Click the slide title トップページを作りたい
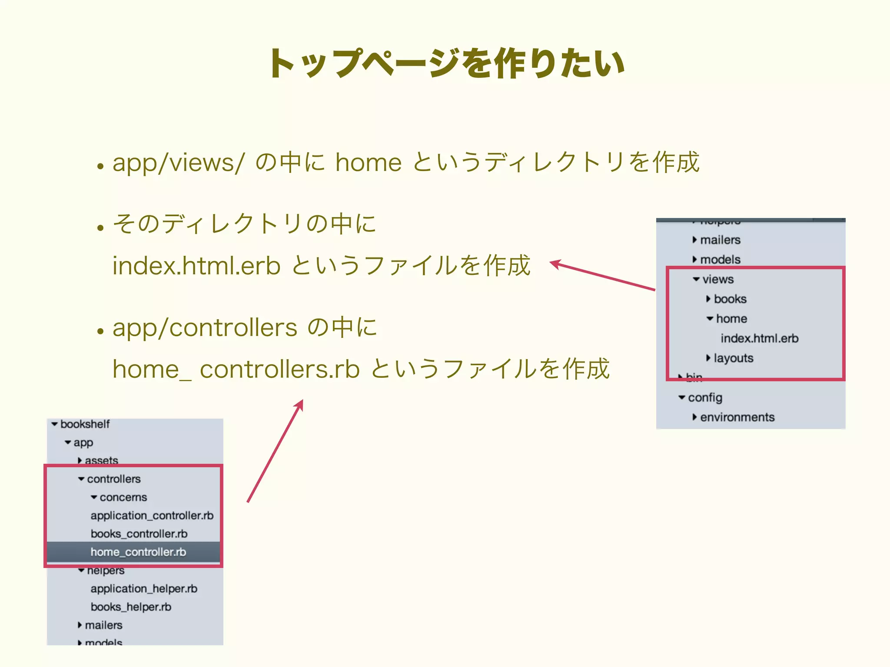pyautogui.click(x=447, y=64)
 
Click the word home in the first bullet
pyautogui.click(x=368, y=163)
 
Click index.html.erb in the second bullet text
pyautogui.click(x=196, y=266)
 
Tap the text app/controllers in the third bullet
pyautogui.click(x=205, y=327)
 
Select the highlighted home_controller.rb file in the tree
pyautogui.click(x=138, y=552)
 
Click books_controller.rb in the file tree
pyautogui.click(x=139, y=534)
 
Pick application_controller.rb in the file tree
pyautogui.click(x=152, y=515)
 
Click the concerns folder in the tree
pyautogui.click(x=123, y=497)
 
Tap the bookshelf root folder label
pyautogui.click(x=85, y=424)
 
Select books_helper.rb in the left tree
pyautogui.click(x=131, y=607)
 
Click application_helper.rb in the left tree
pyautogui.click(x=144, y=588)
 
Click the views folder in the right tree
pyautogui.click(x=717, y=279)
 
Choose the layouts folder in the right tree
pyautogui.click(x=733, y=358)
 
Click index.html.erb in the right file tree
pyautogui.click(x=759, y=338)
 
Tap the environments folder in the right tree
pyautogui.click(x=737, y=417)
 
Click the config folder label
pyautogui.click(x=705, y=397)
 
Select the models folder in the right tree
pyautogui.click(x=720, y=260)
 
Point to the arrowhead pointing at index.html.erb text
pyautogui.click(x=555, y=263)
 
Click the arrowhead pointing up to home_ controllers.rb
pyautogui.click(x=300, y=404)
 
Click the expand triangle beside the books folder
pyautogui.click(x=708, y=299)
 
